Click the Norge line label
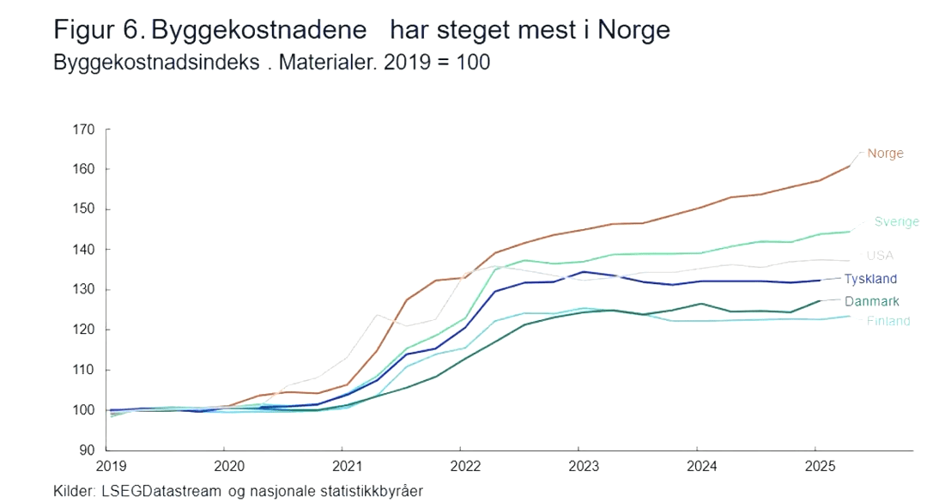[x=885, y=154]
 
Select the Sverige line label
[x=896, y=221]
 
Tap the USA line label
[x=880, y=256]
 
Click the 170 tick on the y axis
[x=84, y=130]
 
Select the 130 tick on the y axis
[x=84, y=290]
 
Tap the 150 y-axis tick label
[x=84, y=209]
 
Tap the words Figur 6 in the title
[x=100, y=31]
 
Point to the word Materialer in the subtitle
[x=328, y=63]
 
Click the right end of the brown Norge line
[x=850, y=166]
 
